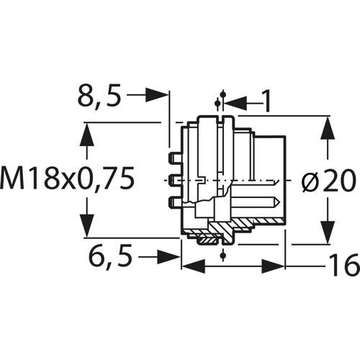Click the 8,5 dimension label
(99, 96)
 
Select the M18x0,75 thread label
(67, 178)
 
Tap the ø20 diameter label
(328, 181)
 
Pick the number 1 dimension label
(266, 101)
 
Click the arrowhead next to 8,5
(156, 95)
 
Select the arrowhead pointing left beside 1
(235, 104)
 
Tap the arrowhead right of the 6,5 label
(168, 256)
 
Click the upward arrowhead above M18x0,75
(86, 134)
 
